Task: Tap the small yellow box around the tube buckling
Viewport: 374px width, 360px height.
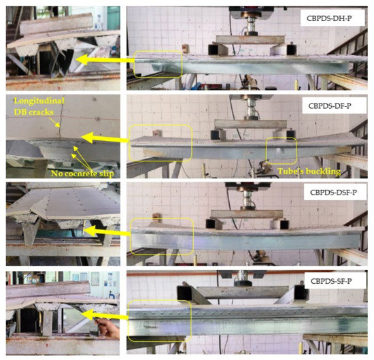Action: pos(282,149)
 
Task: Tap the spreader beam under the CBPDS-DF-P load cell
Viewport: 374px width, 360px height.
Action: pos(248,124)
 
